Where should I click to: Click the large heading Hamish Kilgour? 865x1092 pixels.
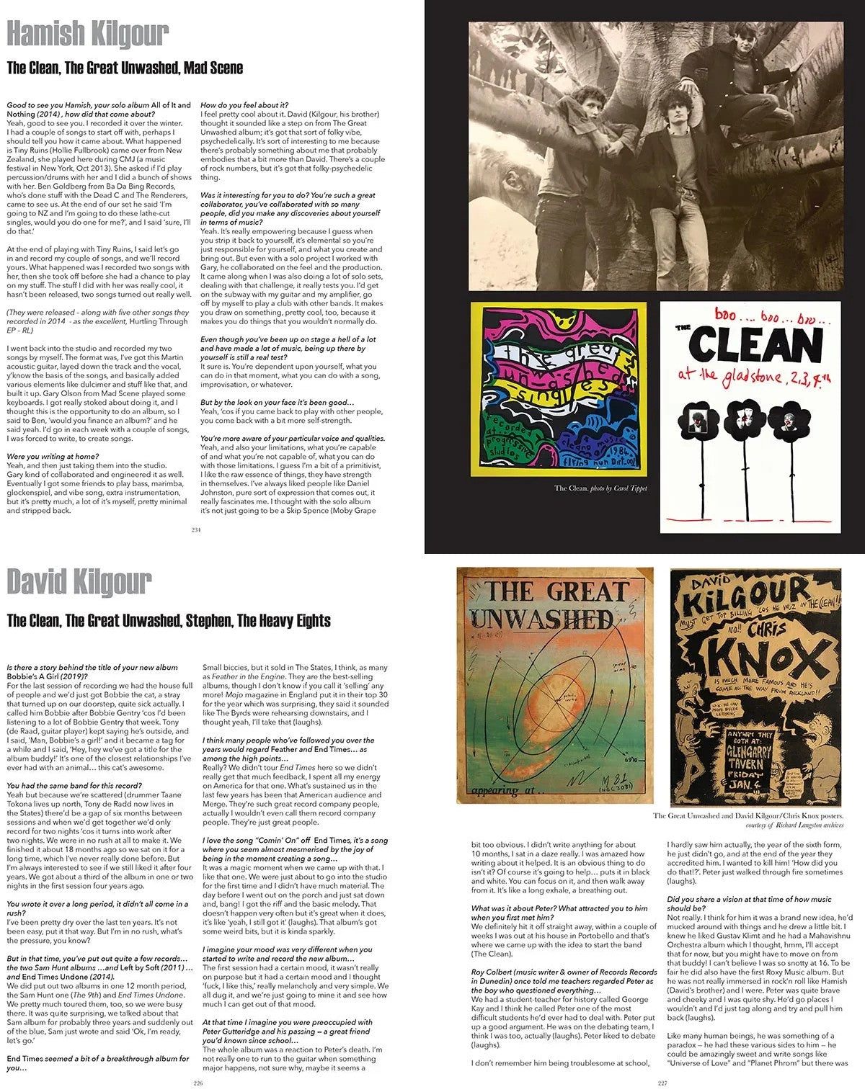coord(88,34)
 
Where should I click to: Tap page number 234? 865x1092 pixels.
coord(195,530)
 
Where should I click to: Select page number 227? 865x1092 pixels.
coord(662,1083)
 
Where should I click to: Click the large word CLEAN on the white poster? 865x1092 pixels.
coord(756,346)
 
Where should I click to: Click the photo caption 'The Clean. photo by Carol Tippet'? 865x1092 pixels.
coord(600,488)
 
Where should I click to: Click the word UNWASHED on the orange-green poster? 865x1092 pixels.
coord(542,619)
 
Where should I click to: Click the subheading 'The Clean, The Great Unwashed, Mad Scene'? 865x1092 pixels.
coord(125,68)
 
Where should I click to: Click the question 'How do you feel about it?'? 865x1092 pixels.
coord(244,105)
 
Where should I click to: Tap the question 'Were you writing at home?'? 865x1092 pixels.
coord(53,457)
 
